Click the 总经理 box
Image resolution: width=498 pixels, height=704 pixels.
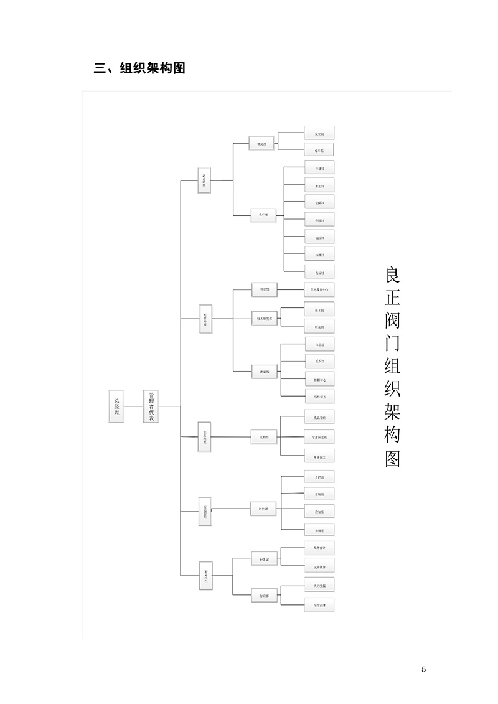point(116,406)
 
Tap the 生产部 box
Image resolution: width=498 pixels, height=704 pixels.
point(263,215)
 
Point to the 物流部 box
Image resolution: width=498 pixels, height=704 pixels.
point(262,144)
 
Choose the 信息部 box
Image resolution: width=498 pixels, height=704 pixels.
point(265,289)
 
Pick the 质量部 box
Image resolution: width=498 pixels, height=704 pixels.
point(264,372)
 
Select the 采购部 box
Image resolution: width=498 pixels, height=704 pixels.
point(264,437)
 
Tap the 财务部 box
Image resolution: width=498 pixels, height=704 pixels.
point(264,560)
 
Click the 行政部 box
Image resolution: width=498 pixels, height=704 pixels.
point(264,596)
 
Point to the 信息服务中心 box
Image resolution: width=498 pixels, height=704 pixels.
point(319,289)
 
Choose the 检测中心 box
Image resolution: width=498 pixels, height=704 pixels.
point(319,379)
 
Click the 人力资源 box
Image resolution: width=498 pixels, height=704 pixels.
point(319,586)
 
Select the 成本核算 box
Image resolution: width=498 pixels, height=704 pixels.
point(319,566)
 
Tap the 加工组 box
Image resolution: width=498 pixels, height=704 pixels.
point(319,185)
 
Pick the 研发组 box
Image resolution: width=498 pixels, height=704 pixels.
point(319,327)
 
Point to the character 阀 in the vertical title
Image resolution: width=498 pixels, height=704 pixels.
point(392,319)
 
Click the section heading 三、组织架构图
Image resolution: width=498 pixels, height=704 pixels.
point(139,68)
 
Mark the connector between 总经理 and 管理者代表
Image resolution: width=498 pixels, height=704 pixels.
point(133,406)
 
